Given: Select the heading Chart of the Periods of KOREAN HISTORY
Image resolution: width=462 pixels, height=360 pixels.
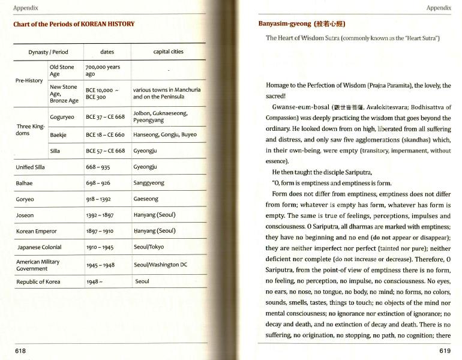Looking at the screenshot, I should pos(74,24).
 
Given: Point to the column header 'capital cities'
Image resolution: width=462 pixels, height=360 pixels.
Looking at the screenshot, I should pos(168,52).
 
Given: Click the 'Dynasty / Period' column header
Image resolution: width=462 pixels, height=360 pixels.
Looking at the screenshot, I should pos(49,52).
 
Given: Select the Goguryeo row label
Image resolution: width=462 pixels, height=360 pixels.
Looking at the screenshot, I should pos(62,117).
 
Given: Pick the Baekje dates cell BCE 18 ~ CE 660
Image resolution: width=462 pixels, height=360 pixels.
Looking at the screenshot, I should pos(105,134).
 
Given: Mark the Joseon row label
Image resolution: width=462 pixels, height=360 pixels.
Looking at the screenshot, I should pos(25,215).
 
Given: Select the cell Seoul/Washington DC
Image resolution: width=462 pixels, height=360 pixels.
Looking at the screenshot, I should pos(160,265).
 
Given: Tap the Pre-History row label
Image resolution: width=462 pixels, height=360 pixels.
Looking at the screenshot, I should pos(29,80).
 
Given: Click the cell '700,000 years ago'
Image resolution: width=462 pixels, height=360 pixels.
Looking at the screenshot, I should pos(103,71).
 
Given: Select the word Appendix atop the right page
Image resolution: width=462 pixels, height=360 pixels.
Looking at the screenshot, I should pos(438,8).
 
